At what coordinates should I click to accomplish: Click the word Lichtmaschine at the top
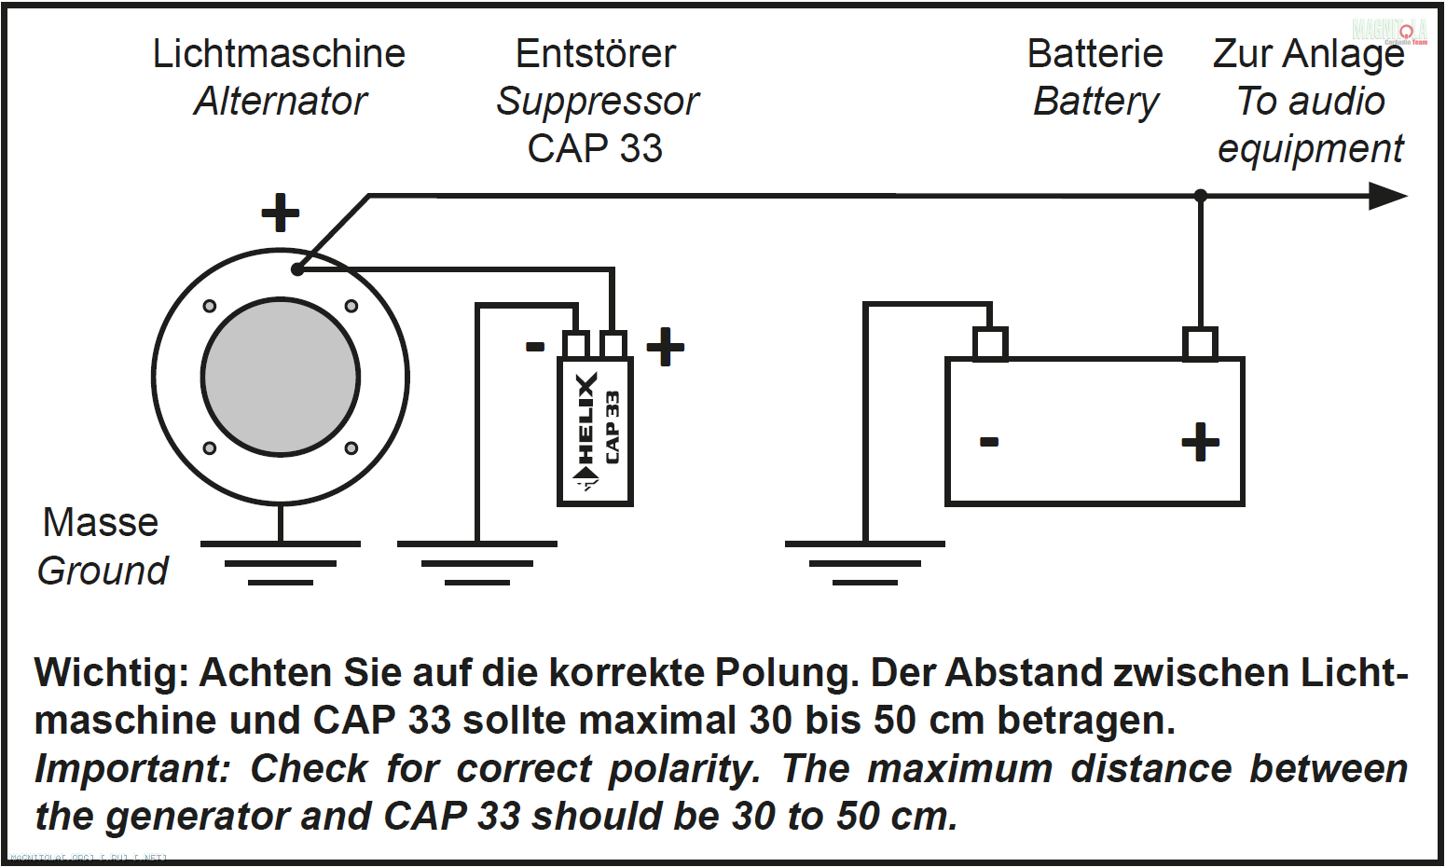tap(279, 54)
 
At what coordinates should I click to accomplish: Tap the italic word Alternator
tap(281, 102)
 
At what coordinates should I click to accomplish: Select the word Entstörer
tap(596, 54)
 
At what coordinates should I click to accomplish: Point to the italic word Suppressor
tap(598, 102)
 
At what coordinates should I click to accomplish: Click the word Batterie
tap(1095, 54)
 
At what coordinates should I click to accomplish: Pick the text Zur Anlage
tap(1308, 54)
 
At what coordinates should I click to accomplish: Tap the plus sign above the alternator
tap(280, 213)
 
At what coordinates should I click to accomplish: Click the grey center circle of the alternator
tap(280, 378)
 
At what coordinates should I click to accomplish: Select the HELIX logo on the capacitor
tap(585, 429)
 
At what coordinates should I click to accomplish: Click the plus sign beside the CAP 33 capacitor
tap(666, 347)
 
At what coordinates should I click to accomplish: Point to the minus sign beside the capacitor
tap(535, 347)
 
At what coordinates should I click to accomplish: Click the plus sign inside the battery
tap(1200, 442)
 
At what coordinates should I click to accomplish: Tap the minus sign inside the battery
tap(989, 441)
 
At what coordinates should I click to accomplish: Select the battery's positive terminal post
tap(1200, 343)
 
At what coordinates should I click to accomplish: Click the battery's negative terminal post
tap(990, 343)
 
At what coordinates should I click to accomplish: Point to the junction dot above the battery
tap(1200, 196)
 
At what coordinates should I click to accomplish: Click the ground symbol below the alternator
tap(280, 561)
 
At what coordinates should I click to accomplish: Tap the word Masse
tap(101, 523)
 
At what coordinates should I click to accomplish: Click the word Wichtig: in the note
tap(111, 672)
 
